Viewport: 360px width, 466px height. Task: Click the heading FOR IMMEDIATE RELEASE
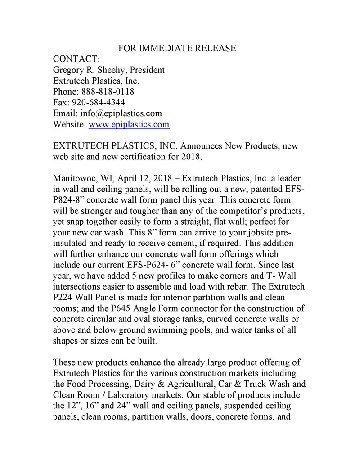click(x=177, y=48)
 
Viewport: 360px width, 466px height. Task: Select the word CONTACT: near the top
click(x=76, y=59)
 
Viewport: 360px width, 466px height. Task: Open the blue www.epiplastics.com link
click(x=129, y=124)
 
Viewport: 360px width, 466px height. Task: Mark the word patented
click(x=262, y=190)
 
